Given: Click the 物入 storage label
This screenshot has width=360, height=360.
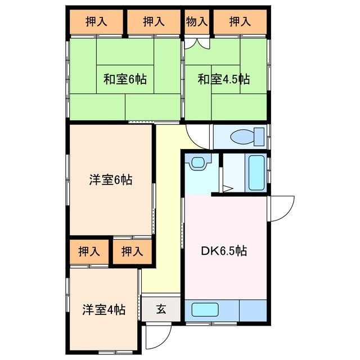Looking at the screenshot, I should [197, 21].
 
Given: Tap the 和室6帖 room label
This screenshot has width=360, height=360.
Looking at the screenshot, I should [124, 79].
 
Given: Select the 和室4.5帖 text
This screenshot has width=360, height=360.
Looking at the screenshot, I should [223, 79].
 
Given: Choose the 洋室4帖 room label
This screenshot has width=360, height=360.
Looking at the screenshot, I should [103, 309].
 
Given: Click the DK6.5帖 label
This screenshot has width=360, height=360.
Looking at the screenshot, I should [223, 250].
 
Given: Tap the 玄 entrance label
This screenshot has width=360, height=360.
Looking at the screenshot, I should [161, 309].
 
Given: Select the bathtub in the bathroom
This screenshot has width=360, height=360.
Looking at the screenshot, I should [256, 173].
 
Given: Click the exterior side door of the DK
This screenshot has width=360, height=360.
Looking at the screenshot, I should [281, 208].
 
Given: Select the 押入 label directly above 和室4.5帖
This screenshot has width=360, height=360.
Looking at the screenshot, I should [240, 21].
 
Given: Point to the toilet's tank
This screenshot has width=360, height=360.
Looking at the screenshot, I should [259, 136].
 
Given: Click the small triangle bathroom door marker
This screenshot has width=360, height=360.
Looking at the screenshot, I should [228, 188].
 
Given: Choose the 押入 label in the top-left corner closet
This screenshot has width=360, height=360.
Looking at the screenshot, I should [96, 21].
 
